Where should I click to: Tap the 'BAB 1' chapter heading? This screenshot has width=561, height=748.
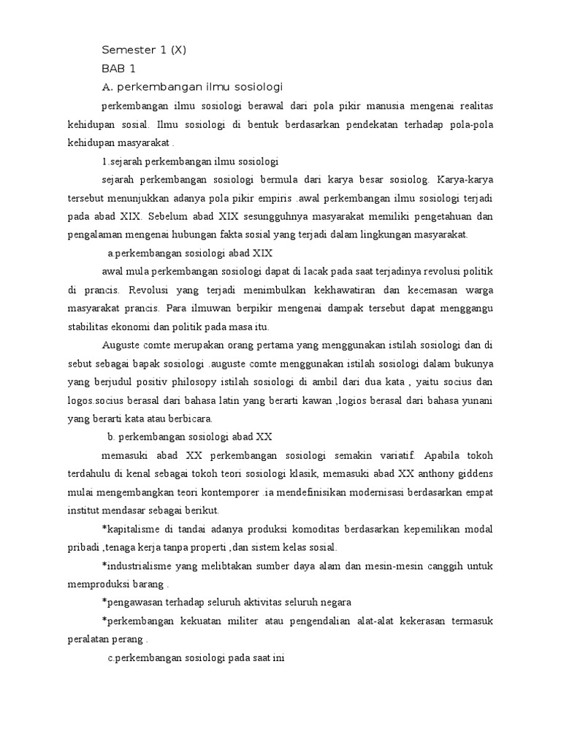click(x=118, y=69)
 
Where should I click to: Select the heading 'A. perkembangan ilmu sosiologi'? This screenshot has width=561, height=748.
click(x=192, y=87)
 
